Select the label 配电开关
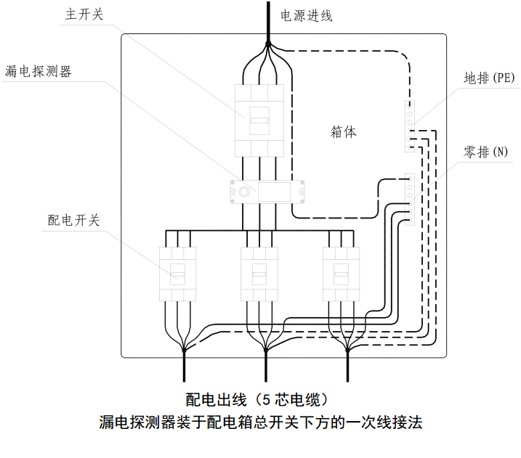[x=73, y=220]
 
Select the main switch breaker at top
[x=261, y=120]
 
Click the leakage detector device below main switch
[x=265, y=191]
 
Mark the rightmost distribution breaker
[x=341, y=274]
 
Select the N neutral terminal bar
[x=410, y=199]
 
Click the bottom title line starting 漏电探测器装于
[x=260, y=422]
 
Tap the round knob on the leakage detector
[x=245, y=192]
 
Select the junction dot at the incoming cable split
[x=268, y=44]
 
